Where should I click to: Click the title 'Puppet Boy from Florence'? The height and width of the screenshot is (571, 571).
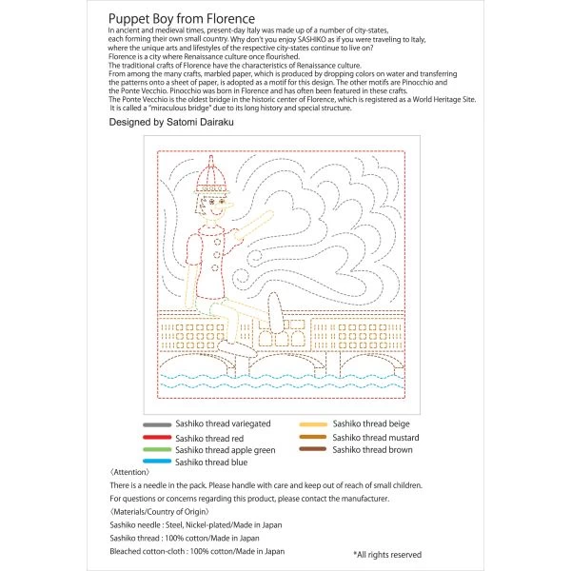coord(182,19)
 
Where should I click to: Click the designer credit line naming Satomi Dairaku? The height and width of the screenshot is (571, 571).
coord(171,122)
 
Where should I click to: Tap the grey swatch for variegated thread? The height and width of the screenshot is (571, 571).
coord(157,424)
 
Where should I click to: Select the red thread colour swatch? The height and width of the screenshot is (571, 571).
coord(157,438)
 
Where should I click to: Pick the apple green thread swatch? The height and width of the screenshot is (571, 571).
coord(157,449)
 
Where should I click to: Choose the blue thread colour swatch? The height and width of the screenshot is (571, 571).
coord(157,461)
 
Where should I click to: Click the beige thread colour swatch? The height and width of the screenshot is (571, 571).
coord(313,424)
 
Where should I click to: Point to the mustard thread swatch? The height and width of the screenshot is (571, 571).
coord(313,437)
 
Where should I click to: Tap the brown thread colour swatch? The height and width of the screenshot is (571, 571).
coord(313,449)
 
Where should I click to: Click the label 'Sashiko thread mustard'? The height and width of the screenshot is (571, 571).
coord(376,438)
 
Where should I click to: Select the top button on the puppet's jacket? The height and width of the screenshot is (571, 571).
coord(217,242)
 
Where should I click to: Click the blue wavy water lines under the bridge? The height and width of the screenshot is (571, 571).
coord(283,381)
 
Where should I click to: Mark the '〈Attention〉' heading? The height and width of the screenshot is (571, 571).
coord(129,472)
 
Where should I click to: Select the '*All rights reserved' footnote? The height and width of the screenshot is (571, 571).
coord(387,555)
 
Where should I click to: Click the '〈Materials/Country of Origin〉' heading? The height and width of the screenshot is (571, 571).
coord(160,512)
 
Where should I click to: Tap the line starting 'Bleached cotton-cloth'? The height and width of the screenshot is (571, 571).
coord(197,551)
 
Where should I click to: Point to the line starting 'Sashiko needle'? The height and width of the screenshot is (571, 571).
coord(196,524)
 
